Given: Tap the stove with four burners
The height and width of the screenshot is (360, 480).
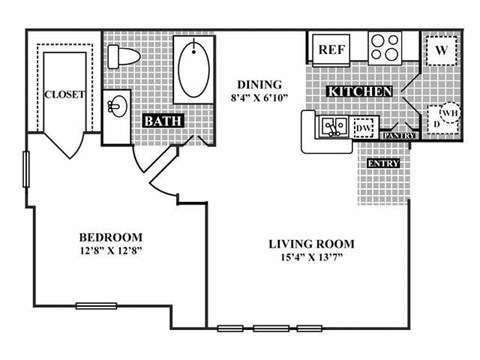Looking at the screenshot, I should coord(384,48).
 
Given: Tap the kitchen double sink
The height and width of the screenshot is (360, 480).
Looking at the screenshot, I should coord(331,127).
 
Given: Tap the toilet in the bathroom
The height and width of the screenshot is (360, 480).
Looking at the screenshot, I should coord(127,56).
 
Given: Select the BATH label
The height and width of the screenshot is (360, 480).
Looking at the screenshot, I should coord(162,122).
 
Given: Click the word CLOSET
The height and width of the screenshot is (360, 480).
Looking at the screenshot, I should coord(63,95).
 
